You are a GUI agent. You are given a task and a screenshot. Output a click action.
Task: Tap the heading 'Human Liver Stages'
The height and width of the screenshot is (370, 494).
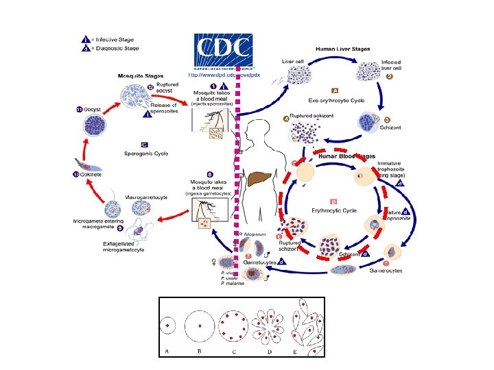pyautogui.click(x=342, y=49)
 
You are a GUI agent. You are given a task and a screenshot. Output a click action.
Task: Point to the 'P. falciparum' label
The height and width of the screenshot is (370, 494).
pyautogui.click(x=254, y=235)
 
